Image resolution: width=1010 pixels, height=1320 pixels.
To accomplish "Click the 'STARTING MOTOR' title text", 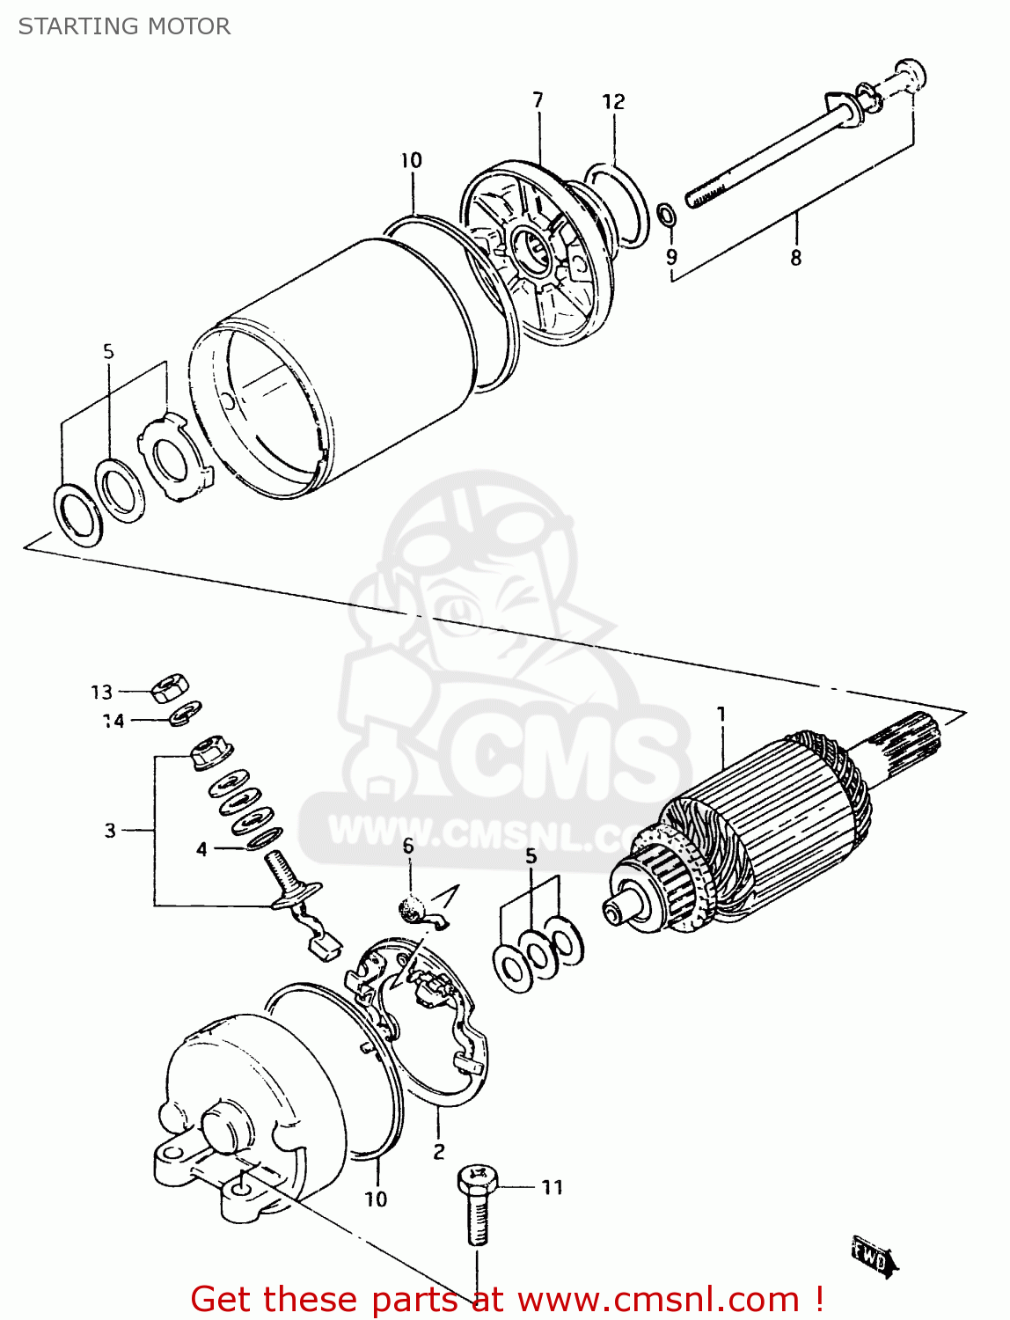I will tap(124, 26).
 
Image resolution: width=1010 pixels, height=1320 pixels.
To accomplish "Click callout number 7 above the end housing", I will tap(538, 100).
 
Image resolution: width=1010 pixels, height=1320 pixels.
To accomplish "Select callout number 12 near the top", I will tap(613, 102).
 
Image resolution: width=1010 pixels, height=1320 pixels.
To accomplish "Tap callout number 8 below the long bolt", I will tap(795, 258).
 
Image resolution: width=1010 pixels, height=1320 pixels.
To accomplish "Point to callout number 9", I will tap(671, 257).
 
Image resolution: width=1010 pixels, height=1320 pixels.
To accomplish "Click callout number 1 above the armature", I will tap(721, 715).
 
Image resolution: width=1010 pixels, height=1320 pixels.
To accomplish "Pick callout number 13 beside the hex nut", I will tap(102, 693).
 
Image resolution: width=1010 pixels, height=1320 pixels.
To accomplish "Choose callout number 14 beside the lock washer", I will tap(113, 722).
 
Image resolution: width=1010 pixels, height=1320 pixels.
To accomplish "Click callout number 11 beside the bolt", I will tap(552, 1188).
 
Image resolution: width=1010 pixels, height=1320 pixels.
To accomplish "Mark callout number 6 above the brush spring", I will tap(408, 847).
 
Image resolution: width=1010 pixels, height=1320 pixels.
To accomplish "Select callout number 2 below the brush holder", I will tap(439, 1151).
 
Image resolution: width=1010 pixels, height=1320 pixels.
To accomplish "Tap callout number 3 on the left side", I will tap(110, 831).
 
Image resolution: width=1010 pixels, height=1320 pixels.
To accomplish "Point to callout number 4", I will tap(201, 849).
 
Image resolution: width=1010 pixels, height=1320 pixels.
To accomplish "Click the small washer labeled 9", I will tap(667, 214).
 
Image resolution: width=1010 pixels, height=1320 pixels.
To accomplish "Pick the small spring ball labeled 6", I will tap(411, 906).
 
